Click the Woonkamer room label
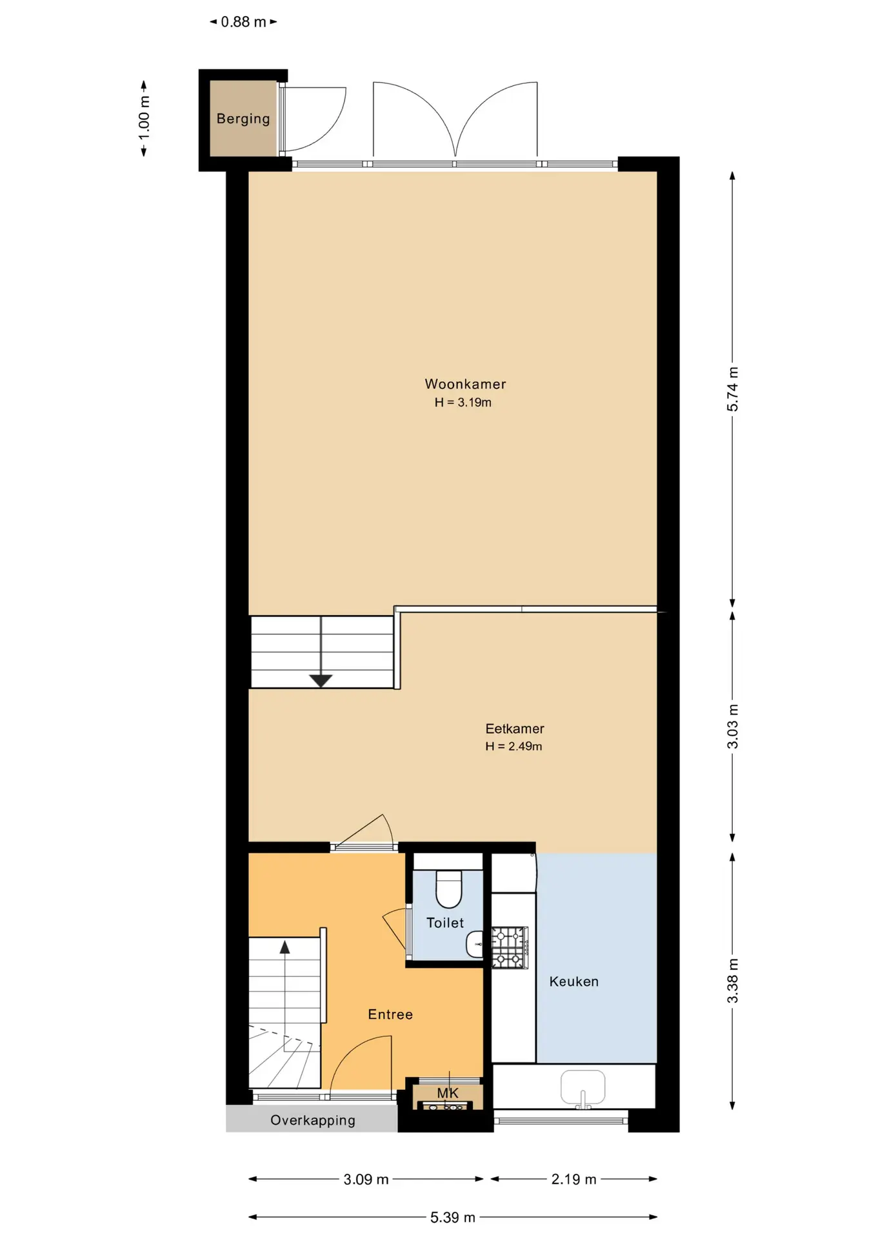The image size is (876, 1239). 465,384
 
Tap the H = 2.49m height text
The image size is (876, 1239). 513,746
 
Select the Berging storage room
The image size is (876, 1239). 243,118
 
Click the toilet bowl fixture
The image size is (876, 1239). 449,889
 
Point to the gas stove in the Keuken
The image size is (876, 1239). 510,947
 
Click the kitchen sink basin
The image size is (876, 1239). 583,1087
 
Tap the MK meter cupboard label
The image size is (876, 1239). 448,1093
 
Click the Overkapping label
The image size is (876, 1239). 313,1120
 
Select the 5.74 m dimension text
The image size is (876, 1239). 733,389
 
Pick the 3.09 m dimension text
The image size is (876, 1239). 366,1180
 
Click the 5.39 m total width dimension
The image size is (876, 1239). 453,1218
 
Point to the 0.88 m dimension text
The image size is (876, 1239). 243,22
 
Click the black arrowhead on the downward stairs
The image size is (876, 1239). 321,681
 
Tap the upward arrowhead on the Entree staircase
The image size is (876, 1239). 284,947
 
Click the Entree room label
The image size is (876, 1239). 390,1014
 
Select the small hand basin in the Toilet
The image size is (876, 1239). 475,944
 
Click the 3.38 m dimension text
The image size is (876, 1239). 733,981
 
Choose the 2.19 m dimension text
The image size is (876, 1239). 573,1180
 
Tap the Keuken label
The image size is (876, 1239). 574,982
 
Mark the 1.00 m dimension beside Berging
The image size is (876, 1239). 144,117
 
